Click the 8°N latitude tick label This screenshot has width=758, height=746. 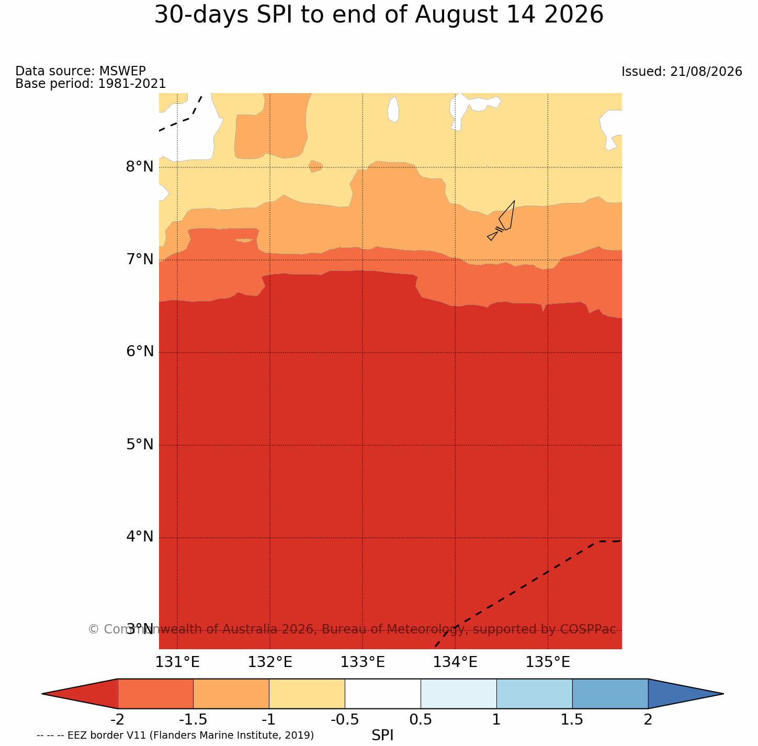[139, 167]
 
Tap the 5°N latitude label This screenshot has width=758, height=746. [139, 444]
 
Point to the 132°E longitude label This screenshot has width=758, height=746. [270, 662]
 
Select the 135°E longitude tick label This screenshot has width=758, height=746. [548, 662]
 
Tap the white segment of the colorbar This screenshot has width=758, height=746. [383, 694]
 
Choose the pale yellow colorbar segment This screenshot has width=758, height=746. [307, 694]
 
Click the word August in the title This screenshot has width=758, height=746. [456, 15]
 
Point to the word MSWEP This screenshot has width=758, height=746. [122, 71]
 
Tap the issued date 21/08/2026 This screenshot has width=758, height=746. [706, 72]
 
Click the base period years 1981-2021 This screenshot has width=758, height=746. [132, 83]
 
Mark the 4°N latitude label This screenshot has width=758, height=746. [139, 537]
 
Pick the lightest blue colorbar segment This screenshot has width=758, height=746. [459, 694]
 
